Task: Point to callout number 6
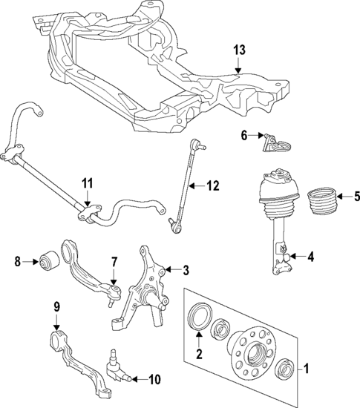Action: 243,134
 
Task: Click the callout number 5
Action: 356,197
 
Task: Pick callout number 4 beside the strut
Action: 311,257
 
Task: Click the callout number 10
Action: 154,380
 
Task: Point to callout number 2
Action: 200,354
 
